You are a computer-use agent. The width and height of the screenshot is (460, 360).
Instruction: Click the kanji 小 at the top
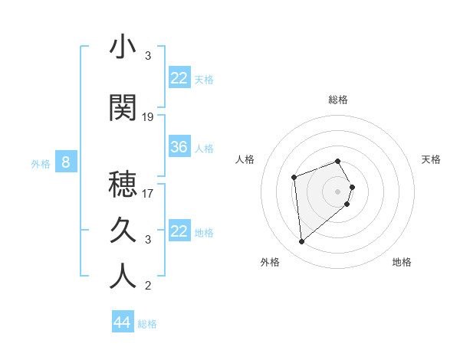coord(123,47)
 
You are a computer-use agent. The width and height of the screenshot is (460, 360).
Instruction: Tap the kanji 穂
coord(123,185)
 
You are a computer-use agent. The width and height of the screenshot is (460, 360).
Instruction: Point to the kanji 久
coord(123,230)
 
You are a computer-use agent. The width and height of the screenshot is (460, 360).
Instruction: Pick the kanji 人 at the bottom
coord(123,276)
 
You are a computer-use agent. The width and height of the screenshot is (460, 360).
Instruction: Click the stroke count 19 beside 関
coord(148,117)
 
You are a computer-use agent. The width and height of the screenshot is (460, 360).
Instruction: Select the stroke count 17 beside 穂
coord(148,193)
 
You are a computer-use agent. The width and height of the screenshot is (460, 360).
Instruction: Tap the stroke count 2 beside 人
coord(148,286)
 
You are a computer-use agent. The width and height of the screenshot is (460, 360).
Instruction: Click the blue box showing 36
coord(179,147)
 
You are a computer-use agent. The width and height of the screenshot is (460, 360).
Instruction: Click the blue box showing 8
coord(67,162)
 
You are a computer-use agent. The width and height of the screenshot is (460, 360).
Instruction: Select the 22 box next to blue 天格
coord(179,78)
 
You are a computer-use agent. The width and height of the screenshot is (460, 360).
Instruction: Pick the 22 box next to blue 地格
coord(179,231)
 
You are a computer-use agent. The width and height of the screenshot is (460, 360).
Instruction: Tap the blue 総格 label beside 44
coord(147,324)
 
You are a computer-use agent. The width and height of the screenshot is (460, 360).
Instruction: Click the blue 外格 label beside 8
coord(41,163)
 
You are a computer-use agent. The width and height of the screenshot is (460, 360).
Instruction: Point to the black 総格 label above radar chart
coord(338,100)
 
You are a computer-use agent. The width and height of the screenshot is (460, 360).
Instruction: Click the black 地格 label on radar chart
coord(402,262)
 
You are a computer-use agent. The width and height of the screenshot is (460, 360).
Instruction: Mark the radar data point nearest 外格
coord(302,242)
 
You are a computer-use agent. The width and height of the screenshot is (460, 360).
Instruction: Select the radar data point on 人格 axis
coord(294,178)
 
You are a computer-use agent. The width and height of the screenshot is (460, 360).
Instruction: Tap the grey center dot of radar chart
coord(338,191)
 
